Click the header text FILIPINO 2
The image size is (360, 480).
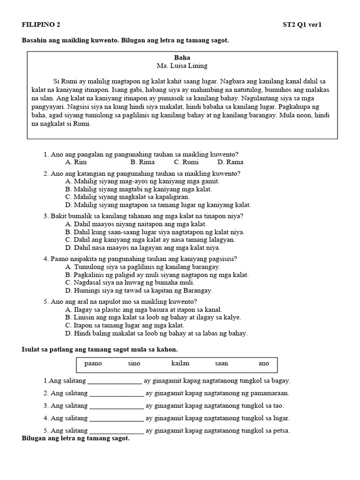(x=41, y=25)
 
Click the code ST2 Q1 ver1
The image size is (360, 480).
(x=302, y=25)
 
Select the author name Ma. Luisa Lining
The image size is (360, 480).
(x=182, y=66)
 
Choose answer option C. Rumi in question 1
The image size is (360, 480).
(x=186, y=162)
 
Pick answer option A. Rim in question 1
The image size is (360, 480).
(x=76, y=162)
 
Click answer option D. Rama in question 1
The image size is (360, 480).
(x=230, y=162)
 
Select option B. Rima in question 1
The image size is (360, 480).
(x=142, y=162)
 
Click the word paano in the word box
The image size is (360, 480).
(x=93, y=363)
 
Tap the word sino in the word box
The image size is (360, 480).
(x=134, y=363)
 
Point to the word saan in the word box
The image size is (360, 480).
(x=221, y=363)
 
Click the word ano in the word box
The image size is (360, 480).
(x=264, y=363)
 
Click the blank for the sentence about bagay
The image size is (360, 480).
(x=114, y=381)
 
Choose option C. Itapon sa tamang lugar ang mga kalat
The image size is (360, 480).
(x=125, y=325)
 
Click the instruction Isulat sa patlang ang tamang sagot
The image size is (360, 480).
(x=100, y=350)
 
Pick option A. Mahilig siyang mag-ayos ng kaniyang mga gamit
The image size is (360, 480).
(x=142, y=181)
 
